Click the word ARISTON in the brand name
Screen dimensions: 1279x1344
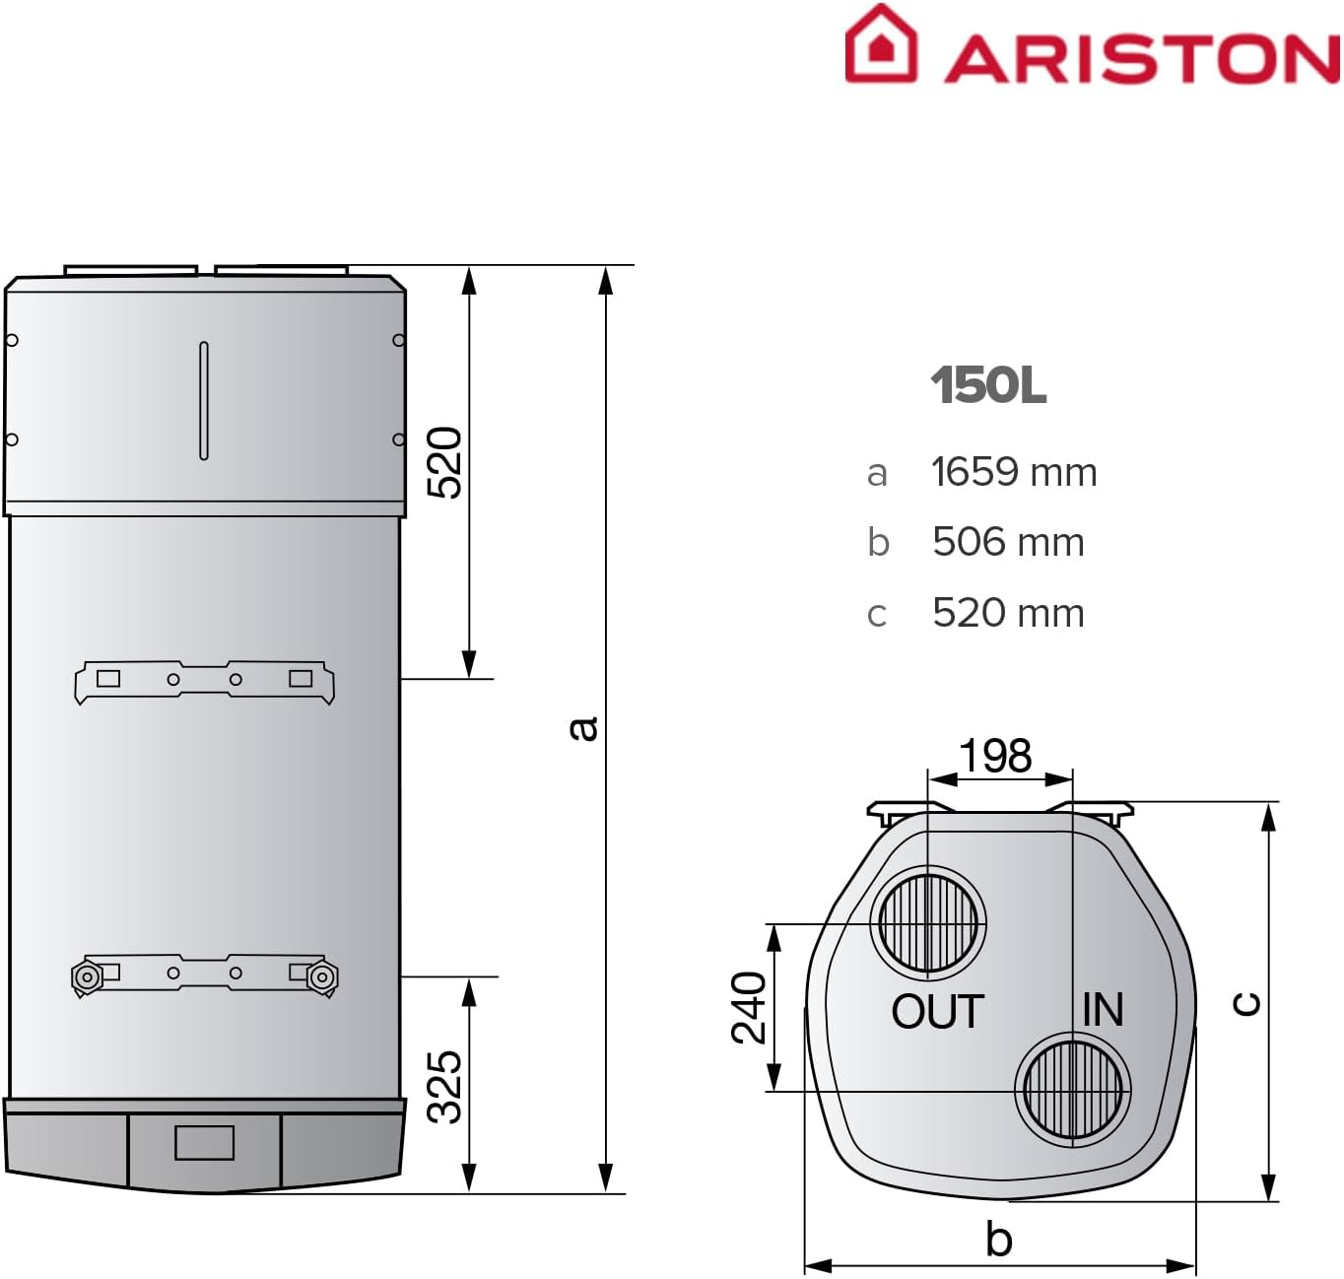pyautogui.click(x=1142, y=58)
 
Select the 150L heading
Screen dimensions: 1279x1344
pyautogui.click(x=988, y=385)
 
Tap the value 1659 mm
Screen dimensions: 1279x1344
pyautogui.click(x=1014, y=472)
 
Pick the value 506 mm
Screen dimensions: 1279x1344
pyautogui.click(x=1008, y=542)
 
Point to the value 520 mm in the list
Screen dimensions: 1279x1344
pyautogui.click(x=1008, y=613)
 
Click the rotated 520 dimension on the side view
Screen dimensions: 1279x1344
pyautogui.click(x=444, y=463)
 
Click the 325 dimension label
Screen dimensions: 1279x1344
pyautogui.click(x=444, y=1086)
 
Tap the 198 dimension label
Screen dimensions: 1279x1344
pyautogui.click(x=995, y=756)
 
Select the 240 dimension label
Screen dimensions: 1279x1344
pyautogui.click(x=749, y=1007)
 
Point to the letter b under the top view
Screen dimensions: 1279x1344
pyautogui.click(x=998, y=1240)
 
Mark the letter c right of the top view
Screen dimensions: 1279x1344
pyautogui.click(x=1246, y=1003)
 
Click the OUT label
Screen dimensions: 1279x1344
pyautogui.click(x=937, y=1012)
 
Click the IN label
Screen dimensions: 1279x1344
pyautogui.click(x=1103, y=1010)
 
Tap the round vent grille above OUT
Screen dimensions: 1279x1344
pyautogui.click(x=927, y=924)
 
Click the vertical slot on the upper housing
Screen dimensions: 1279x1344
pyautogui.click(x=204, y=400)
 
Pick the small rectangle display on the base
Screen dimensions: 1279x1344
pyautogui.click(x=204, y=1142)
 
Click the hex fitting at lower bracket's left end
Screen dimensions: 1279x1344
pyautogui.click(x=87, y=976)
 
